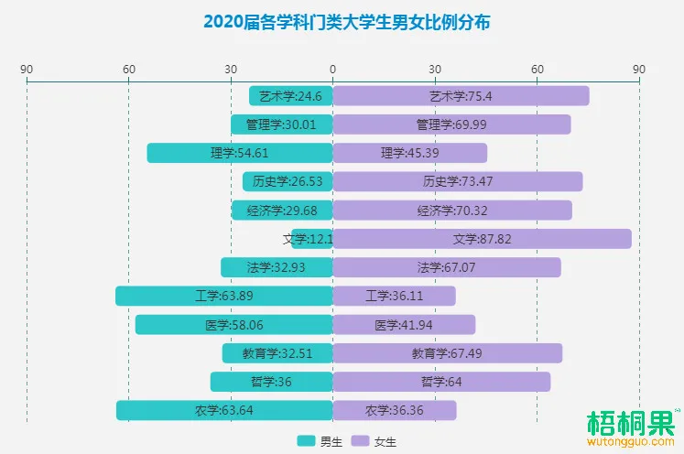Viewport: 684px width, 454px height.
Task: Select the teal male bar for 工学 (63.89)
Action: click(x=223, y=296)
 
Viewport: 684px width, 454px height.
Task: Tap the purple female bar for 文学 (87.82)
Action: click(x=482, y=239)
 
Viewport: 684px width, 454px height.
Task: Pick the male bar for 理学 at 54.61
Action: click(x=239, y=153)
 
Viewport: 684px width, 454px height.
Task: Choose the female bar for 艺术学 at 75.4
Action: click(x=461, y=96)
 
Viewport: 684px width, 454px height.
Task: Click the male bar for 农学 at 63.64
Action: click(x=223, y=410)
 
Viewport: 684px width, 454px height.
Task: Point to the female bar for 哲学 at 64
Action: click(x=441, y=382)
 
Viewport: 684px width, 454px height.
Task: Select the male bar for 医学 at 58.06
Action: click(x=233, y=325)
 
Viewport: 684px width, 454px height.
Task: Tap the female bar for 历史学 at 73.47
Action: click(x=457, y=181)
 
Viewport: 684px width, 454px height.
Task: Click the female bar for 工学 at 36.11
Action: click(x=394, y=296)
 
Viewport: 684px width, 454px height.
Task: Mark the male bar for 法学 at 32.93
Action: click(x=277, y=267)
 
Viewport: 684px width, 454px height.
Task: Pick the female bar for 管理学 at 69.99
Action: click(x=451, y=124)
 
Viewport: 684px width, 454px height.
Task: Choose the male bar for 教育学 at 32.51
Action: click(x=277, y=353)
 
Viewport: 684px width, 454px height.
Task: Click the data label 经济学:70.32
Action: click(x=452, y=211)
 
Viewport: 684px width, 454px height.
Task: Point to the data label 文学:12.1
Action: click(x=308, y=239)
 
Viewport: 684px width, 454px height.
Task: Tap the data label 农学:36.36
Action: click(x=395, y=410)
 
